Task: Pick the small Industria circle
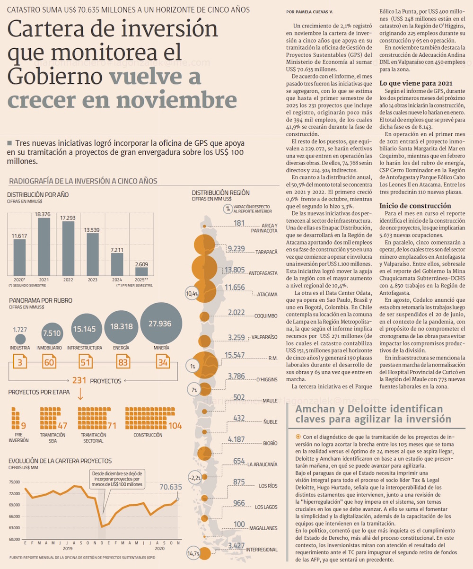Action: pyautogui.click(x=20, y=339)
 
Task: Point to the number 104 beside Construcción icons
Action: pyautogui.click(x=175, y=426)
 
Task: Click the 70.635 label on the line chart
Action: pyautogui.click(x=170, y=487)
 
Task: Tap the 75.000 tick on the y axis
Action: pyautogui.click(x=14, y=482)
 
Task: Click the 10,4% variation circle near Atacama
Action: pyautogui.click(x=192, y=294)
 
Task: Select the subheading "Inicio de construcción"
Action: pyautogui.click(x=415, y=206)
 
